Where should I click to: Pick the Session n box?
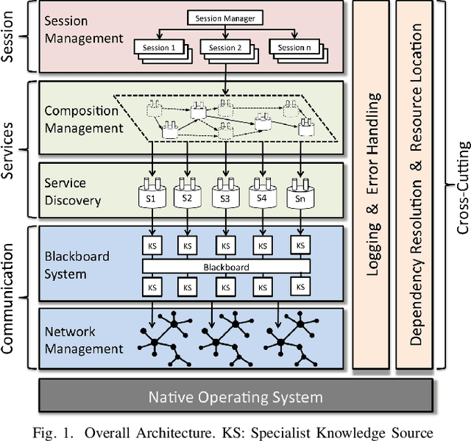(x=292, y=48)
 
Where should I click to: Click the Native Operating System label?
(x=235, y=398)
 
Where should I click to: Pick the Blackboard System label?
(x=77, y=265)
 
